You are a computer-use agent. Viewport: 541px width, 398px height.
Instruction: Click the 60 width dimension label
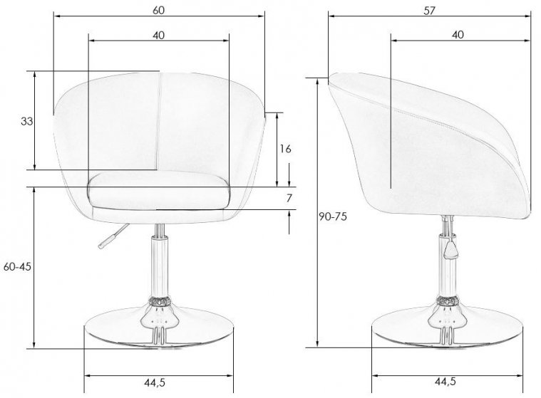[159, 10]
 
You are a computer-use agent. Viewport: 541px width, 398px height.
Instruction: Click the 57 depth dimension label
[429, 11]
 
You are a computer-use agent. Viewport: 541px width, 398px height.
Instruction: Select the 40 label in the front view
[159, 35]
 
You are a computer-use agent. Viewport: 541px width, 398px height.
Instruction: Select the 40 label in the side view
[458, 35]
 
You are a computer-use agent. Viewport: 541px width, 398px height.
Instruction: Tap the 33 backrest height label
[27, 121]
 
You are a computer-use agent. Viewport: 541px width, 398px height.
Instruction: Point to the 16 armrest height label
[285, 149]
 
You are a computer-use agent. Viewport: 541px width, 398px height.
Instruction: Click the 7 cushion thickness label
[289, 198]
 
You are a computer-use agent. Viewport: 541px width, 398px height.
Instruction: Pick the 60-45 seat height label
[17, 266]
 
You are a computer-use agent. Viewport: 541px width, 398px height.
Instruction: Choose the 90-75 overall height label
[333, 216]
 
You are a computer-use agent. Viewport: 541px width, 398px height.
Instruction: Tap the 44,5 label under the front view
[155, 382]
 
